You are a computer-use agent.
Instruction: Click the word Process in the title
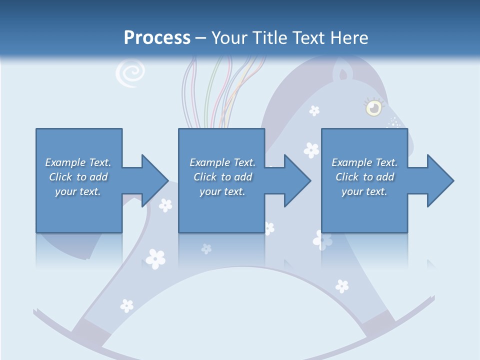[x=157, y=38]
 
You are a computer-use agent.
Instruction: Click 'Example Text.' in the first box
[x=78, y=162]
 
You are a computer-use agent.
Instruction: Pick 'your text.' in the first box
[x=78, y=191]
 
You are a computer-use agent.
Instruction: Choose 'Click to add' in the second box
[x=222, y=177]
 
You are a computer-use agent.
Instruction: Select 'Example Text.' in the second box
[x=222, y=162]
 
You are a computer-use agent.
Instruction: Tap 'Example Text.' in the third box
[x=364, y=162]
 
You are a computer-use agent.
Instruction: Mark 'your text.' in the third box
[x=364, y=191]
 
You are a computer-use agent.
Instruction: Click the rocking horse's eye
[x=372, y=107]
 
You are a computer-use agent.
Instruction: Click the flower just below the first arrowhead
[x=165, y=205]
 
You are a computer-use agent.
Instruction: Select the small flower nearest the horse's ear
[x=314, y=110]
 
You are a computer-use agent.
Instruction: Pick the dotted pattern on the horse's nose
[x=394, y=122]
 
